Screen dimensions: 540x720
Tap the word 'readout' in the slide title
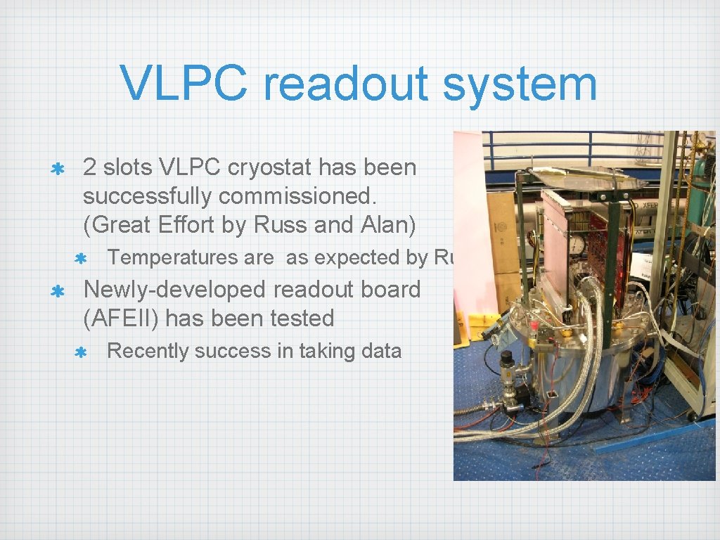click(345, 83)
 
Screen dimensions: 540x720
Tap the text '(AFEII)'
click(121, 319)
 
